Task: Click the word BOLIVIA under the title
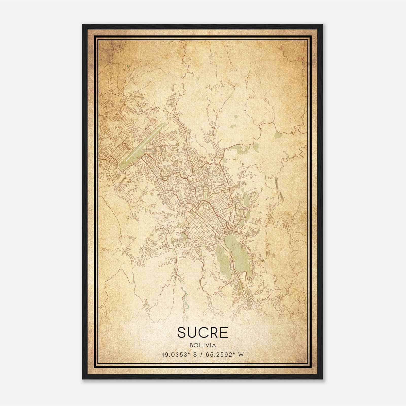click(203, 345)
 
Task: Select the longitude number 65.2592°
click(219, 355)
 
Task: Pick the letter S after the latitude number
click(195, 355)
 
